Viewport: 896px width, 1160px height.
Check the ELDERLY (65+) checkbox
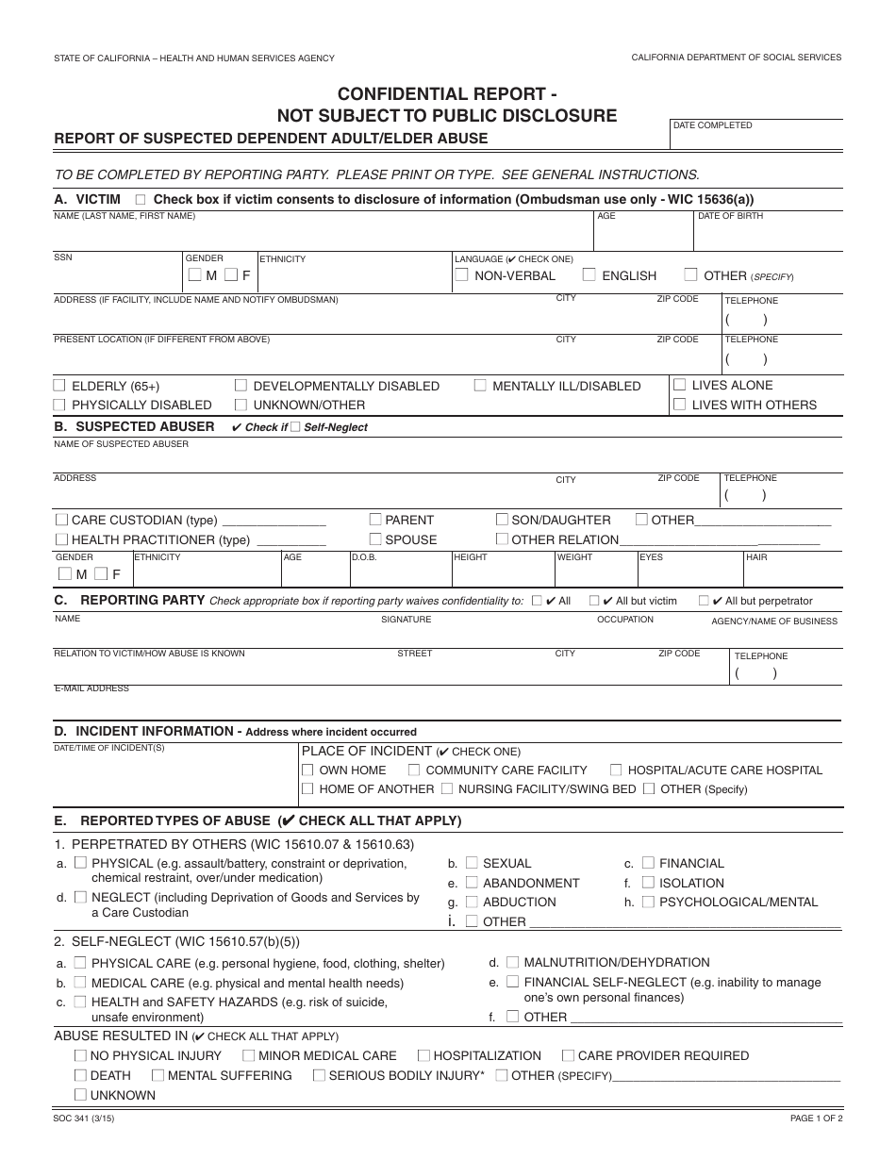pos(59,385)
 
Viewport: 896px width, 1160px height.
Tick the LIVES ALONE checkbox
pos(680,385)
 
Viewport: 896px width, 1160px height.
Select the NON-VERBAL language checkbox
pos(461,275)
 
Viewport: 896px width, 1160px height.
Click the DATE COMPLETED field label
pos(712,125)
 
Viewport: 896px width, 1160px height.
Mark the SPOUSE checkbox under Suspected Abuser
pos(375,539)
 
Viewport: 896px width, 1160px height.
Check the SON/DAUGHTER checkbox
pos(503,520)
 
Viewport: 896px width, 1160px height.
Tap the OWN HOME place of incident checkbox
pos(307,770)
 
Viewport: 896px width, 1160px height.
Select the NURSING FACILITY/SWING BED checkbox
pos(448,788)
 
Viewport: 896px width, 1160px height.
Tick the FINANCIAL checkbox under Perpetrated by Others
pos(648,863)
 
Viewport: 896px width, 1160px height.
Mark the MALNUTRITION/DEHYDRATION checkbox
pos(512,962)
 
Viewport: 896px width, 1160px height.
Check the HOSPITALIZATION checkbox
pos(423,1055)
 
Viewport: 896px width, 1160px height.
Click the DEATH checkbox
pos(80,1075)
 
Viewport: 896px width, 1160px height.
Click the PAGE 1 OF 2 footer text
pos(816,1119)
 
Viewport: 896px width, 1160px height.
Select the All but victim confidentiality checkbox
pos(594,600)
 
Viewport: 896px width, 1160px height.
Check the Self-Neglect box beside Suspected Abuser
pos(295,427)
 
